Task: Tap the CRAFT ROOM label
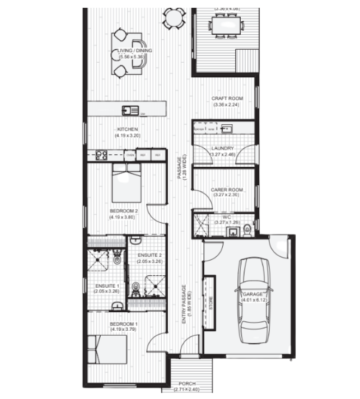(x=226, y=98)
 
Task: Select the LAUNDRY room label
(x=222, y=148)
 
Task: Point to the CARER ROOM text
(x=226, y=190)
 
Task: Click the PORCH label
(x=187, y=384)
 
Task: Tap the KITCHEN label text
(x=128, y=130)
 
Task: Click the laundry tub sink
(x=227, y=129)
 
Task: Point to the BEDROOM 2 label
(x=124, y=211)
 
